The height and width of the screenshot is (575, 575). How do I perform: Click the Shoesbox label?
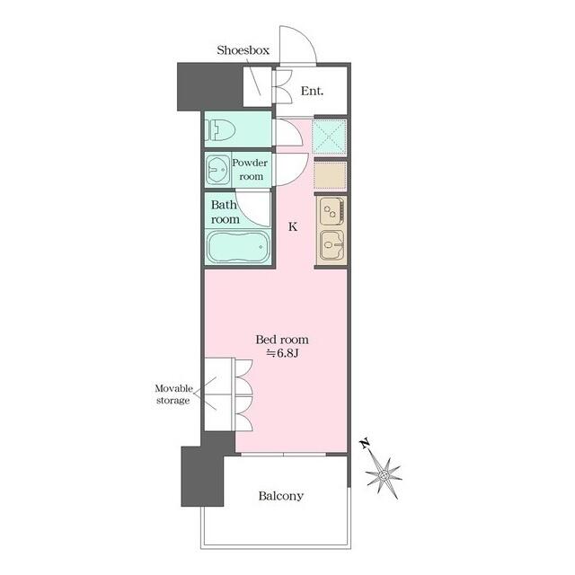pyautogui.click(x=243, y=50)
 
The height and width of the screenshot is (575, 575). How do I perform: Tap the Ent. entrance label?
pyautogui.click(x=312, y=91)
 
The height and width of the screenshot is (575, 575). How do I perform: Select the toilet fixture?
pyautogui.click(x=220, y=130)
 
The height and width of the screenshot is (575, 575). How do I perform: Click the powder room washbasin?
pyautogui.click(x=217, y=170)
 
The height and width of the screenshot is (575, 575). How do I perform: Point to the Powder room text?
pyautogui.click(x=250, y=170)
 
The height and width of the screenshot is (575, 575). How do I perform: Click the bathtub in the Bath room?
pyautogui.click(x=238, y=246)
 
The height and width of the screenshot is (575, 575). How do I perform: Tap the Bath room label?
pyautogui.click(x=225, y=212)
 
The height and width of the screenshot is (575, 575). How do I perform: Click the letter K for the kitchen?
pyautogui.click(x=293, y=227)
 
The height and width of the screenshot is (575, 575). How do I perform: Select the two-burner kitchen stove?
pyautogui.click(x=332, y=211)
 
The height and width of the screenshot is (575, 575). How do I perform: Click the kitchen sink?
pyautogui.click(x=332, y=244)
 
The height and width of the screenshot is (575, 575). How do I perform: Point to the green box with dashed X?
pyautogui.click(x=329, y=137)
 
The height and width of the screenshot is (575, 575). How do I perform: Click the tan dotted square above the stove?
pyautogui.click(x=330, y=176)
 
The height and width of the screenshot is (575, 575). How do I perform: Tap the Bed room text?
pyautogui.click(x=282, y=340)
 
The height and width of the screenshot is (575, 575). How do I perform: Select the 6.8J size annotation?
pyautogui.click(x=282, y=353)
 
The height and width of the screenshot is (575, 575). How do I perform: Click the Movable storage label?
pyautogui.click(x=173, y=394)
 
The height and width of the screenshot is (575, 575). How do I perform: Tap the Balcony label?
pyautogui.click(x=281, y=496)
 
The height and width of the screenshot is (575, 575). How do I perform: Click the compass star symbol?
pyautogui.click(x=384, y=475)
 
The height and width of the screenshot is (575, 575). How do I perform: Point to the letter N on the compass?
pyautogui.click(x=365, y=444)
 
